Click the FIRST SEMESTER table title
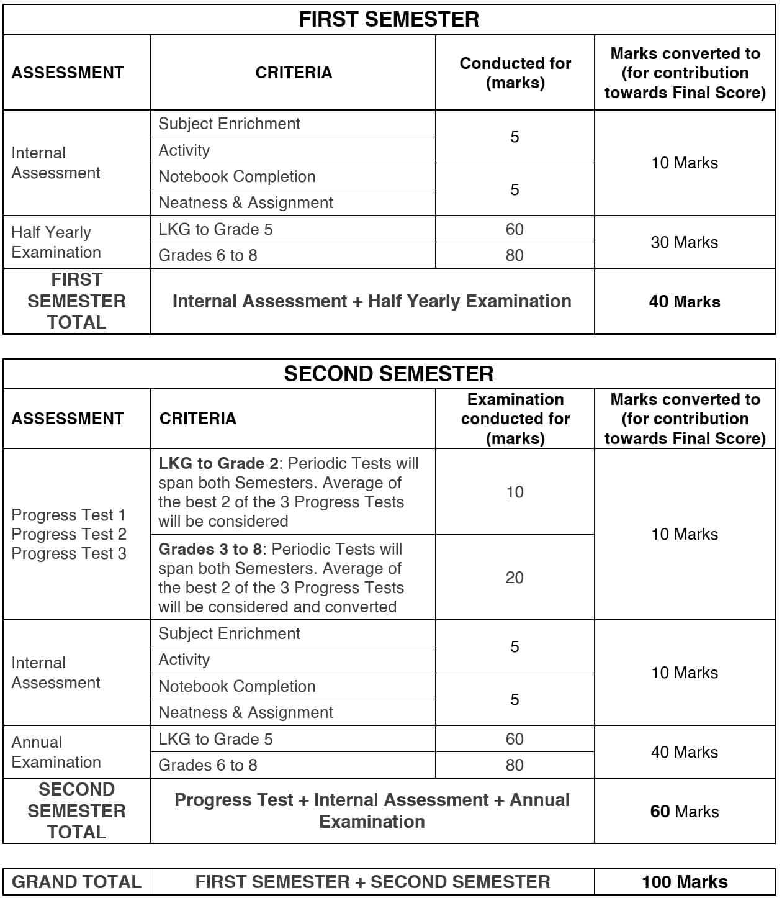[x=389, y=19]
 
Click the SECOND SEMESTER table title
[x=389, y=374]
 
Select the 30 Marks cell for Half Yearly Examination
[x=685, y=242]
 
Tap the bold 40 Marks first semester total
[x=685, y=302]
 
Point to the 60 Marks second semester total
[x=685, y=812]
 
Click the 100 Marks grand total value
[x=685, y=882]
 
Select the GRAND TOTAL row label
[x=76, y=882]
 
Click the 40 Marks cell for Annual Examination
[x=685, y=752]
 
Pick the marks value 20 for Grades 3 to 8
[x=515, y=578]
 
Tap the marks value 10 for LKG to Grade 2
[x=515, y=492]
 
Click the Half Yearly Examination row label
[x=56, y=242]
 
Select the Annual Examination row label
[x=56, y=752]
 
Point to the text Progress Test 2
[x=69, y=534]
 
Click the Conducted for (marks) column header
[x=515, y=73]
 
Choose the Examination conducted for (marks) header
[x=515, y=419]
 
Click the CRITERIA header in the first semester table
[x=294, y=73]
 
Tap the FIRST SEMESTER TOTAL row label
[x=76, y=301]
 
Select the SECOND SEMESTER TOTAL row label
[x=76, y=811]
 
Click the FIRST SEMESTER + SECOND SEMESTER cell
[x=372, y=882]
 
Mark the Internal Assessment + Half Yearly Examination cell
[x=372, y=301]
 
